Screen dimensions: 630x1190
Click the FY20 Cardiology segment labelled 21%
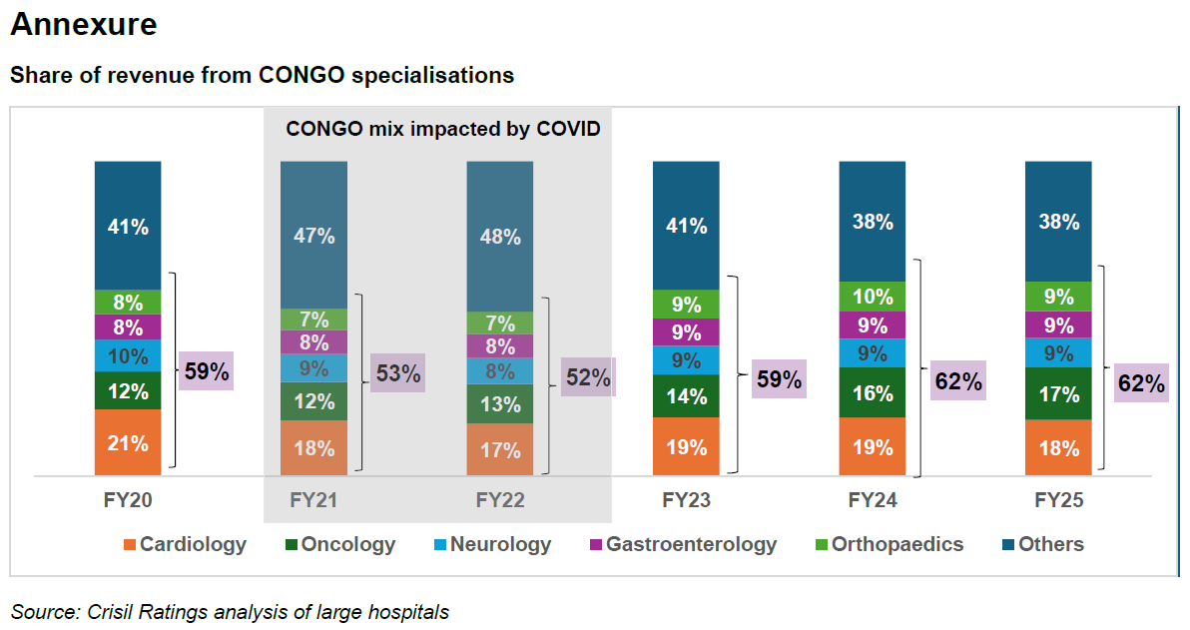(x=128, y=442)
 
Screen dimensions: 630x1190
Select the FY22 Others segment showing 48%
(x=499, y=237)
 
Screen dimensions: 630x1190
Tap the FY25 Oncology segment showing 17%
(x=1058, y=394)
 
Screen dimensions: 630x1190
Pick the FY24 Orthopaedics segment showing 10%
(x=872, y=297)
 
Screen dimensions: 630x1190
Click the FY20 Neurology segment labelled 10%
(x=128, y=356)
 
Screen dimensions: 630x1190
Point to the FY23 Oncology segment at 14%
(x=686, y=395)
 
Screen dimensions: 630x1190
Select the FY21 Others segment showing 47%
(x=313, y=236)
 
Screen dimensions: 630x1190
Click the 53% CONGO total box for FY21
(x=397, y=374)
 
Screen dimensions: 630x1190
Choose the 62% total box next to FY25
(x=1141, y=383)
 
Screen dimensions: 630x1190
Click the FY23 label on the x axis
(x=686, y=500)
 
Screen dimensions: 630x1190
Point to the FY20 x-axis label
(x=128, y=500)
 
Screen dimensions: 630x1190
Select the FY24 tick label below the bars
(x=872, y=500)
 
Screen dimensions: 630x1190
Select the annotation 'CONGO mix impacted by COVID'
(x=442, y=129)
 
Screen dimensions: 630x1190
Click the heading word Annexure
(x=84, y=25)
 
